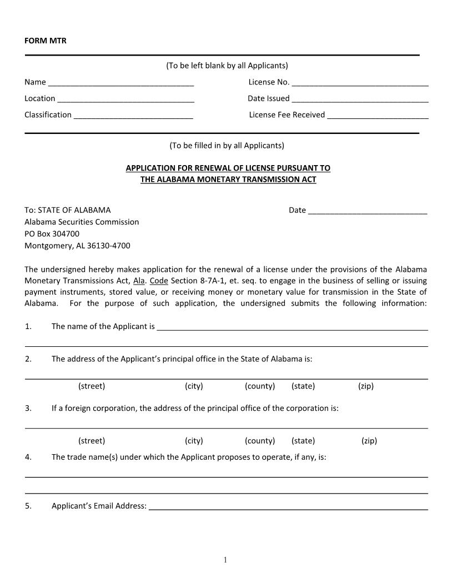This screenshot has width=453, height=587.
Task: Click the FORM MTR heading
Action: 46,41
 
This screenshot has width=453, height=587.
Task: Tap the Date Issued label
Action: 269,98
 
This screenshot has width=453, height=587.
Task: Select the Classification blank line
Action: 133,116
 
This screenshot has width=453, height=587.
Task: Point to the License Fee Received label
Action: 287,115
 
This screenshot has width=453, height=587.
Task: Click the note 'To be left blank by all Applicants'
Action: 227,66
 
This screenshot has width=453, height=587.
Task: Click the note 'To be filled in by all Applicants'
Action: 226,146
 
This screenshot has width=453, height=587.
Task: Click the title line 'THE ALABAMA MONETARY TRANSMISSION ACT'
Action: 228,180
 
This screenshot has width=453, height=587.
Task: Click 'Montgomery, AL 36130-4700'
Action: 77,246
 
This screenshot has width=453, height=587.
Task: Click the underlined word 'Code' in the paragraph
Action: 159,281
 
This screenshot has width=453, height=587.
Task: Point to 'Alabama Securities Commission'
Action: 82,222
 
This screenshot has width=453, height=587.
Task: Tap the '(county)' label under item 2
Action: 260,386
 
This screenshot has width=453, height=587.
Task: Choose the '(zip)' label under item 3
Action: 369,441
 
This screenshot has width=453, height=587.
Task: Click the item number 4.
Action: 28,457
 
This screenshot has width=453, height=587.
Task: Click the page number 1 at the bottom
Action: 225,560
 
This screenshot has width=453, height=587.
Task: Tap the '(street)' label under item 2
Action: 92,386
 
